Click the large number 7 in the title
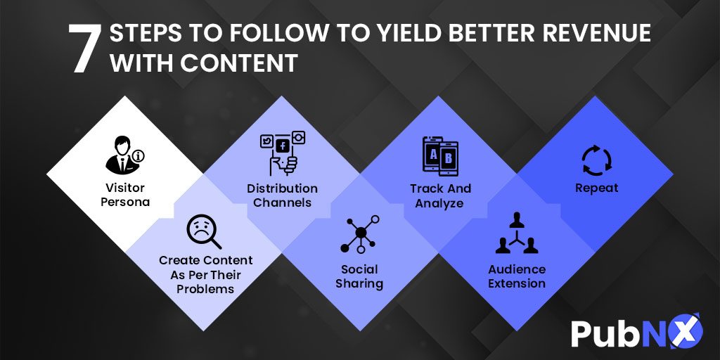coord(85,49)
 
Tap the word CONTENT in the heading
coord(239,63)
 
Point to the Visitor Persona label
coord(125,195)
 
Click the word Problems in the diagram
coord(205,289)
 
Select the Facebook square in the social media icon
coord(283,146)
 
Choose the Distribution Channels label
coord(282,195)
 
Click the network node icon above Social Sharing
coord(360,234)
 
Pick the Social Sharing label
coord(359,276)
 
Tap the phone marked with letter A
coord(432,155)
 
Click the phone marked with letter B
coord(449,159)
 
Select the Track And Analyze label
coord(440,195)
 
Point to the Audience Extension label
coord(517,276)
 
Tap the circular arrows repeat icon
coord(596,160)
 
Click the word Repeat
coord(596,188)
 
